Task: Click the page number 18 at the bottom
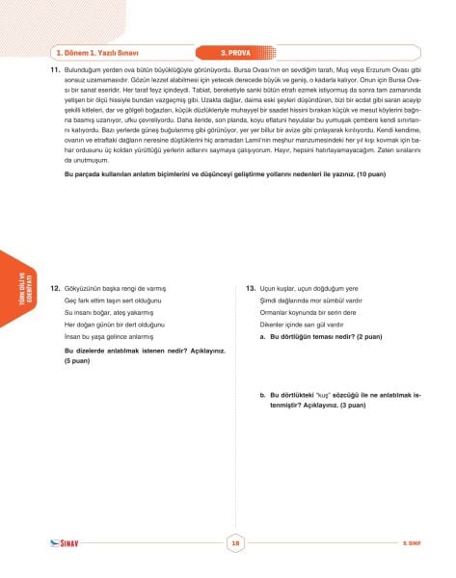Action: [x=234, y=542]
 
